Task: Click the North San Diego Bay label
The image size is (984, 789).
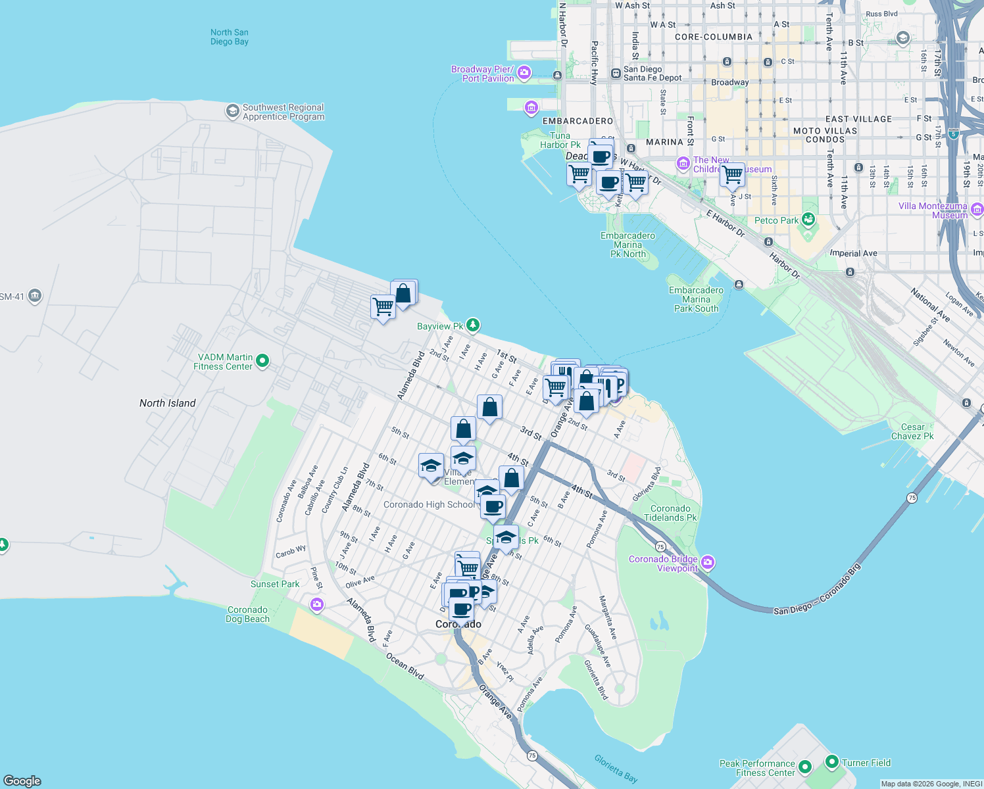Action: pos(229,37)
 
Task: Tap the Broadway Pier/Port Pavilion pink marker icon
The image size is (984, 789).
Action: pos(524,73)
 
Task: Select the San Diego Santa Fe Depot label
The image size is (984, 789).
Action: pos(652,74)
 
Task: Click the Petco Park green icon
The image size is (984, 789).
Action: pos(809,220)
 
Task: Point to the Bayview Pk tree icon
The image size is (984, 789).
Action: pos(472,325)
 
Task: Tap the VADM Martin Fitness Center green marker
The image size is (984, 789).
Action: pos(262,360)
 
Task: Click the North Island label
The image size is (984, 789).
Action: pos(167,403)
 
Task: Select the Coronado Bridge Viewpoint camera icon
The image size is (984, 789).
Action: pos(708,562)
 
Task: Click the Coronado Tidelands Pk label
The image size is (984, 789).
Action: pos(670,513)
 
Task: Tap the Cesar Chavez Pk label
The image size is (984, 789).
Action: pos(912,431)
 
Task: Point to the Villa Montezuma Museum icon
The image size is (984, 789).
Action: pos(977,210)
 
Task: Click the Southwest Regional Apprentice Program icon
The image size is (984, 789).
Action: pos(232,111)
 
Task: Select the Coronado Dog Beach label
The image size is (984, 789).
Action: pos(247,614)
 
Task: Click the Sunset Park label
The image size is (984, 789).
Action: pos(274,584)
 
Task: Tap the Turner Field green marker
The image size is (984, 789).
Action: pos(831,762)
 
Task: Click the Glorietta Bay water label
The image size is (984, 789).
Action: pos(616,769)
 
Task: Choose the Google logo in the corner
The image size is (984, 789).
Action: pos(22,780)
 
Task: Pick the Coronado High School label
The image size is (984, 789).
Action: pos(429,504)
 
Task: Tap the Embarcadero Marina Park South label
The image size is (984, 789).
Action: pos(696,299)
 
